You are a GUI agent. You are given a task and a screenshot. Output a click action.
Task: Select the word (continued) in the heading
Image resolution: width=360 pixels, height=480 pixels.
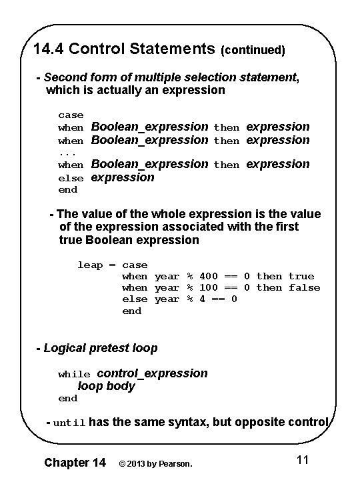point(253,50)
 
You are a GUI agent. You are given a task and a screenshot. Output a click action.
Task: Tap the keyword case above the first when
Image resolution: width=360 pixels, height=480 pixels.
point(71,115)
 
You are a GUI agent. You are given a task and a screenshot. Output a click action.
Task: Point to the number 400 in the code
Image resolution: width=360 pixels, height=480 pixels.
point(209,276)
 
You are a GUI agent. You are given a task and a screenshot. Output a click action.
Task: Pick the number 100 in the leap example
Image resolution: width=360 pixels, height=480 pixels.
point(209,287)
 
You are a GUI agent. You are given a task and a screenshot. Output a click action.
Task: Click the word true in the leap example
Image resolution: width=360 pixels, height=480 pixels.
point(301,276)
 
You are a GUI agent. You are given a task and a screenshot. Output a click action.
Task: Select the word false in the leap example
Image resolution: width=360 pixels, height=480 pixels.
point(304,287)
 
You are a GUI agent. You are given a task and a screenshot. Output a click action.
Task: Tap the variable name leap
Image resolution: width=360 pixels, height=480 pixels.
point(90,265)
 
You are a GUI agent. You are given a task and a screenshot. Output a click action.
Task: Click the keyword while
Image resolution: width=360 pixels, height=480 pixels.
point(74,374)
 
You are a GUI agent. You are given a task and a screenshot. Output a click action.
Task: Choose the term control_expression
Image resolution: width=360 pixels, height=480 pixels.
point(153,373)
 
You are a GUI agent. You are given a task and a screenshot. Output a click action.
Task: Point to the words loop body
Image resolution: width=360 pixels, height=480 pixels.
point(107,386)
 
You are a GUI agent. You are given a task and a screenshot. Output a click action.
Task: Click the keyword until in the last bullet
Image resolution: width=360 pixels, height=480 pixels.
point(69,423)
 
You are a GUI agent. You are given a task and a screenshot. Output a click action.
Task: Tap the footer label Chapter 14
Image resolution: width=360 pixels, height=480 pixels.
point(74,462)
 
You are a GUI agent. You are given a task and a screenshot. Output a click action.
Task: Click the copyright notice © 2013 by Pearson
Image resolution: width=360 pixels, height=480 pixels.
point(155,463)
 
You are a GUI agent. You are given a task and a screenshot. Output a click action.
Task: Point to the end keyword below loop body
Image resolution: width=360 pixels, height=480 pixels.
point(68,398)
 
